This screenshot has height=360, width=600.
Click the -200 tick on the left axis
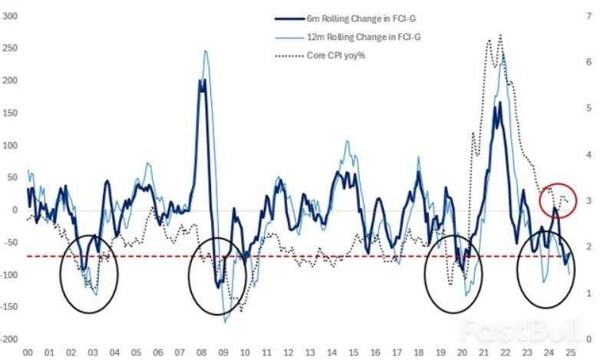click(x=10, y=339)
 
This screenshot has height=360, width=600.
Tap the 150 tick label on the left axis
click(x=10, y=113)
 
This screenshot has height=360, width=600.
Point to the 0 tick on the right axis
click(x=587, y=339)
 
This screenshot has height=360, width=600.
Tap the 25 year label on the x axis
click(x=572, y=352)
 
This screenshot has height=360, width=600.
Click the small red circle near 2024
click(x=558, y=200)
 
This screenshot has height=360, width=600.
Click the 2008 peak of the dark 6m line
click(x=203, y=81)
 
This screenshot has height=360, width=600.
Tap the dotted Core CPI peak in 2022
click(x=500, y=35)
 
